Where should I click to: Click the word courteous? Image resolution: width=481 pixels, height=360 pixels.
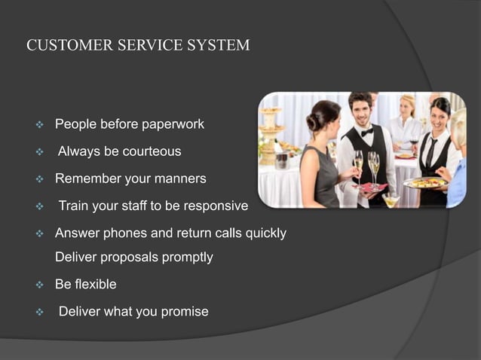click(x=148, y=151)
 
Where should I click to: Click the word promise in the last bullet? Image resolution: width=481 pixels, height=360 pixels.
click(x=185, y=312)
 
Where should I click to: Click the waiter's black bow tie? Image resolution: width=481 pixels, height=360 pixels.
click(x=366, y=132)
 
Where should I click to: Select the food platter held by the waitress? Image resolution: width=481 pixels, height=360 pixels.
click(x=425, y=182)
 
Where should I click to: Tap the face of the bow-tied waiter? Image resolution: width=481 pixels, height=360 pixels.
click(x=363, y=112)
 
